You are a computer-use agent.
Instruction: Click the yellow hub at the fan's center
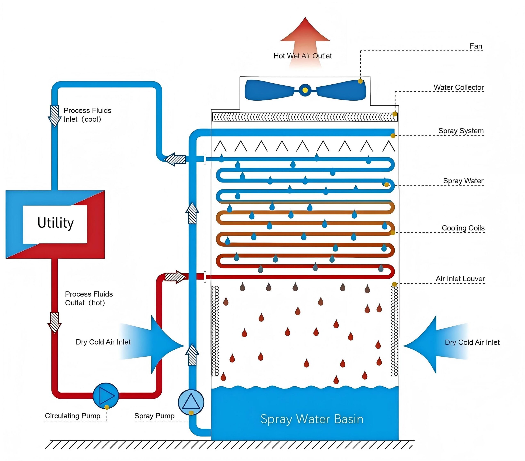pos(305,90)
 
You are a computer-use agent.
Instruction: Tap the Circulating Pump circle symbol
pos(106,396)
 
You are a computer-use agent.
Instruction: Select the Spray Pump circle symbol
pos(191,402)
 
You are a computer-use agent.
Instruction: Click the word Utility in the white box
pos(56,223)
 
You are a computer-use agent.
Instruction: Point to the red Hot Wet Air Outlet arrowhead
pos(305,29)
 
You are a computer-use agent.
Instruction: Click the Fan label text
pos(476,46)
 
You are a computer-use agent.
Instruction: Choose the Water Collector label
pos(459,87)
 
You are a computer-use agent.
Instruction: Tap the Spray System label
pos(461,131)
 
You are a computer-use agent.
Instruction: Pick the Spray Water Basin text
pos(312,419)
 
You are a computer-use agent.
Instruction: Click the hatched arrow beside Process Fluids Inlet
pos(55,116)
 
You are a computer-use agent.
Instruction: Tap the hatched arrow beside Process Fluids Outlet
pos(55,323)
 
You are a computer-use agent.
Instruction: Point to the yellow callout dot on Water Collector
pos(395,114)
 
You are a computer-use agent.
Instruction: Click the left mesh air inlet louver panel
pos(215,331)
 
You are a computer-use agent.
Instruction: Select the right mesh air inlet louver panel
pos(395,331)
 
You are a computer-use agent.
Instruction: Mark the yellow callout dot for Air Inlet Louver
pos(395,284)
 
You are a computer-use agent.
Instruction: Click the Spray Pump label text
pos(154,416)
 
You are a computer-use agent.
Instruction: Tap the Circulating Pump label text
pos(72,416)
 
